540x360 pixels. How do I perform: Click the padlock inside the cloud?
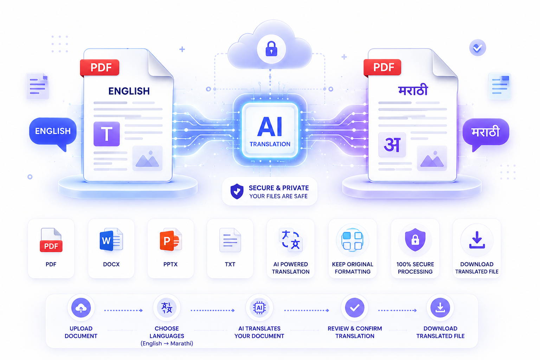[271, 49]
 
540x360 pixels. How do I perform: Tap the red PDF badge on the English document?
[99, 67]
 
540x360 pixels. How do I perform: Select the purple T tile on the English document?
[107, 134]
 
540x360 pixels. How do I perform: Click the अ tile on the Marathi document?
[392, 145]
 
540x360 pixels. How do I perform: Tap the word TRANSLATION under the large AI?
[270, 144]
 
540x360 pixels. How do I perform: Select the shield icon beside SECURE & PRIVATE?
[237, 192]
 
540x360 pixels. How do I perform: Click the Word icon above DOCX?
[111, 240]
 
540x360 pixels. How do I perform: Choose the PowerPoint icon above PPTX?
[171, 240]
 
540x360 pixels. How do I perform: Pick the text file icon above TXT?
[230, 240]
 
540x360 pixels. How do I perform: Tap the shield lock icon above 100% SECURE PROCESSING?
[415, 240]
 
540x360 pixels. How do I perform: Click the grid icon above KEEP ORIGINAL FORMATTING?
[353, 240]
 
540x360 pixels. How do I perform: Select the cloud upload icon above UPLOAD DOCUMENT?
[81, 308]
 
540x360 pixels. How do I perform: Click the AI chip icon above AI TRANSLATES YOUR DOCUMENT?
[259, 308]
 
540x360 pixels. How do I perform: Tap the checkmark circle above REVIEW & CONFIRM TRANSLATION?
[355, 308]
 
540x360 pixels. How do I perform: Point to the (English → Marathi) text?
[167, 343]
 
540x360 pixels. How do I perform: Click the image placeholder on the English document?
[147, 158]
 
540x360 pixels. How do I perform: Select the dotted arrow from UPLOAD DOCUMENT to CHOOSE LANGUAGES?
[123, 310]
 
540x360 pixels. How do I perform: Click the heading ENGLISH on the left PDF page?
[129, 91]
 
